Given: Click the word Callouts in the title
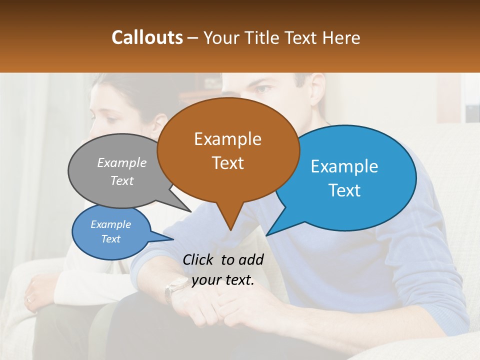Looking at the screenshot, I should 147,37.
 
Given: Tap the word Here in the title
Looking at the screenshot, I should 342,38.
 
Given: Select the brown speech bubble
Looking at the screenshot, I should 228,150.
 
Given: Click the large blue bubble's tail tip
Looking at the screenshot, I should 267,235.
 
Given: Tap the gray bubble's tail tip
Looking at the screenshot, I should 191,211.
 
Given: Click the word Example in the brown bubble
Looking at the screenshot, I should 227,139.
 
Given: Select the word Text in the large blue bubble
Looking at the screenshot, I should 344,190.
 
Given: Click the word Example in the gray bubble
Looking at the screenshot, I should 122,163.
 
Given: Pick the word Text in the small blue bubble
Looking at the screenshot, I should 111,239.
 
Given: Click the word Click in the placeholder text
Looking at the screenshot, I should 198,259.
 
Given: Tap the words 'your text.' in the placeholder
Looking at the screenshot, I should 223,280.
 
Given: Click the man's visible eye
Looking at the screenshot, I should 263,90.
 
